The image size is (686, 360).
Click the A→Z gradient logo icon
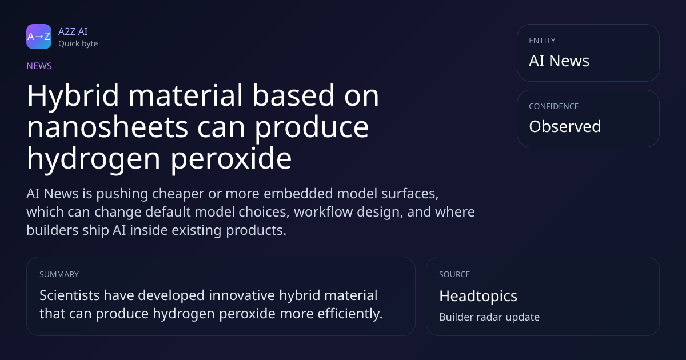tap(39, 37)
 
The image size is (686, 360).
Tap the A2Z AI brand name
tap(73, 31)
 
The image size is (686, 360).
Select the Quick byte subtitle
tap(78, 44)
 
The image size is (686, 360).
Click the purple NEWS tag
tap(39, 66)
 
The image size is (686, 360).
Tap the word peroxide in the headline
tap(231, 159)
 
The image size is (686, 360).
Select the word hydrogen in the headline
tap(94, 159)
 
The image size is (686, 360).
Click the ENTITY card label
tap(542, 41)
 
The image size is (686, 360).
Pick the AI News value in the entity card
tap(559, 61)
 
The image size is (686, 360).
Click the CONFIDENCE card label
tap(554, 106)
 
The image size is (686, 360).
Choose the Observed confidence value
tap(565, 126)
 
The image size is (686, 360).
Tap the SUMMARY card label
tap(59, 274)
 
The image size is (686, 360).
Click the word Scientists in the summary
tap(70, 295)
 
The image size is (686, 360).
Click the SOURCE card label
tap(454, 274)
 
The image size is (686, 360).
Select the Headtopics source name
tap(478, 296)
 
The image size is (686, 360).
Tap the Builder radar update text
tap(489, 317)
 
